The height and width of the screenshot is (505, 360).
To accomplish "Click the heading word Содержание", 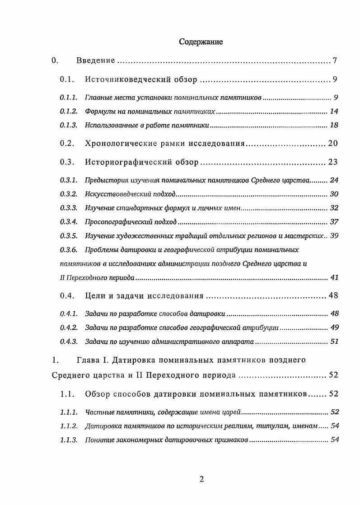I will (201, 42).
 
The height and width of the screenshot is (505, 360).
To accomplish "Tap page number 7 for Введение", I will (335, 61).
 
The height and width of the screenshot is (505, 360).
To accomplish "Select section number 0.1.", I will (67, 80).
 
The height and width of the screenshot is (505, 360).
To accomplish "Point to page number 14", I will (334, 112).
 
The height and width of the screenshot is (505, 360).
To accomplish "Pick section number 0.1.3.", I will (69, 125).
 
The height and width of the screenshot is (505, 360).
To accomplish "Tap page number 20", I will (333, 144).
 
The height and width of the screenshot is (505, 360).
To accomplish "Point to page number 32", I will (334, 208).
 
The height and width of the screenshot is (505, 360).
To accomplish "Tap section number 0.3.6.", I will (69, 249).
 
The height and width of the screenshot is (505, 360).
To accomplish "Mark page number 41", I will (334, 277).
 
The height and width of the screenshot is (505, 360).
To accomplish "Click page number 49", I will (334, 328).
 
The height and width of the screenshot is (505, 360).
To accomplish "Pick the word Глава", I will (88, 360).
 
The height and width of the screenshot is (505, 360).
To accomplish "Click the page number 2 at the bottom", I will (202, 480).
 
